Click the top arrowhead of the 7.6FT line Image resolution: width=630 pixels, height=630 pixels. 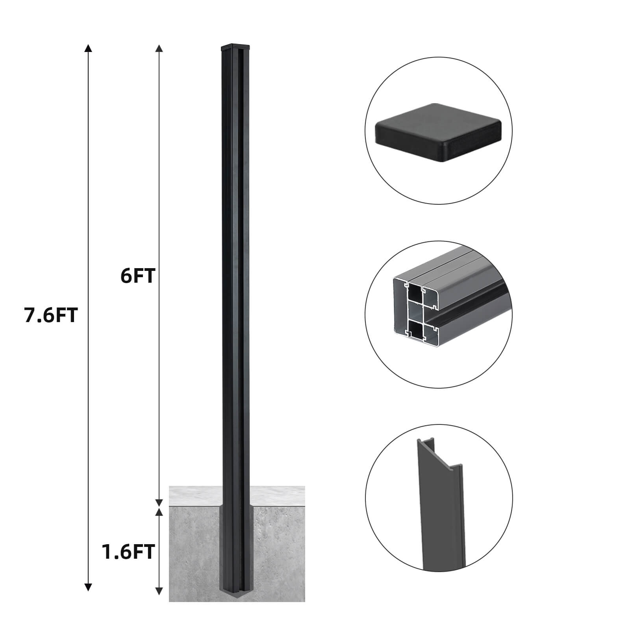pos(88,48)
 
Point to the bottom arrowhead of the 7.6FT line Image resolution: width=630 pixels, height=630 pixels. pos(88,587)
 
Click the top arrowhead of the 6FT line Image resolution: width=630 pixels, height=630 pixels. pos(159,48)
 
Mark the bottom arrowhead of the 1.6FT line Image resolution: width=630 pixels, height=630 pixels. pos(159,580)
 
